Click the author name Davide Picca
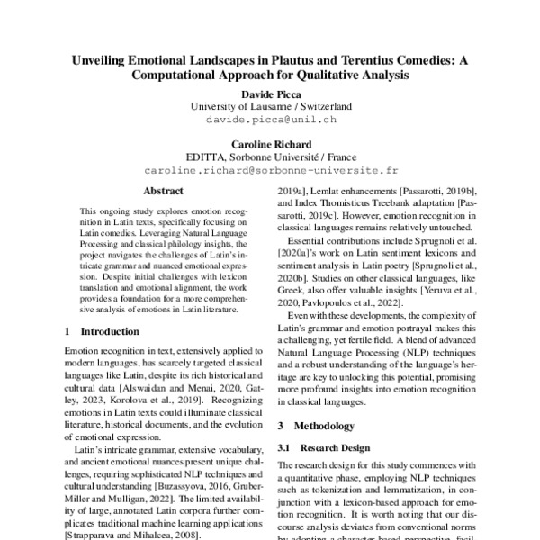pos(270,92)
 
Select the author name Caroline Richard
pos(270,142)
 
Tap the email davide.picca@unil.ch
pos(270,118)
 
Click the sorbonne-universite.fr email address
pos(270,169)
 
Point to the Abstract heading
pos(163,191)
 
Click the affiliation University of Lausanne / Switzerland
pos(270,105)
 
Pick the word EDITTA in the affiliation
pos(208,157)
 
